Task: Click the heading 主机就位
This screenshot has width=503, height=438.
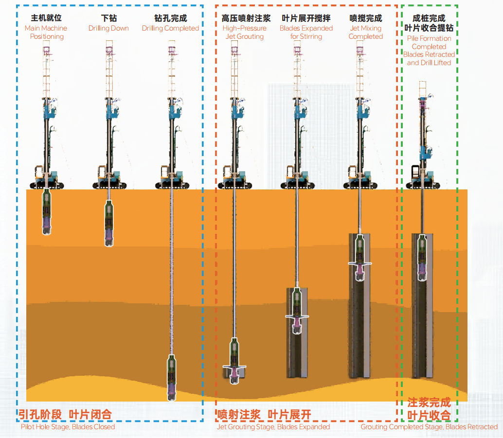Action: coord(46,18)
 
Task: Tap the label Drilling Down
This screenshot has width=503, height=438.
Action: coord(108,28)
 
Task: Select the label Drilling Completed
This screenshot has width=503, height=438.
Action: coord(170,28)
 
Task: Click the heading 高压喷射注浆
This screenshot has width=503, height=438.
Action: coord(246,18)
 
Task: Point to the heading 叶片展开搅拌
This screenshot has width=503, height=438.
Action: coord(306,18)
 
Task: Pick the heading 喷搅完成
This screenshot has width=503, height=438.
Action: coord(366,18)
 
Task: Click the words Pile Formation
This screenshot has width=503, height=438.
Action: coord(429,38)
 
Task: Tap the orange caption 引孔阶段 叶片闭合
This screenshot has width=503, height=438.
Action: coord(65,414)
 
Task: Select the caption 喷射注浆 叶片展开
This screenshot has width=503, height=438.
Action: coord(264,414)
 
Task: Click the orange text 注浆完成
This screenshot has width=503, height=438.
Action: coord(429,403)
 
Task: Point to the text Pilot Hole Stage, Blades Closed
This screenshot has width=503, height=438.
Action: coord(68,427)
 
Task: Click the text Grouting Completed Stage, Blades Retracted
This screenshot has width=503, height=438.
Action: coord(429,427)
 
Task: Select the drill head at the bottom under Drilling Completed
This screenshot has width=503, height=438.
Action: coord(171,377)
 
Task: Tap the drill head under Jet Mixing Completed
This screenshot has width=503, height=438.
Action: coord(359,258)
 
